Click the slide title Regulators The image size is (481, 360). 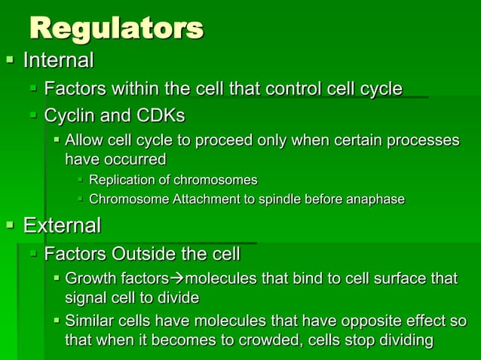116,29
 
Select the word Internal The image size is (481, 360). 59,60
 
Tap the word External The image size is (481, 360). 62,225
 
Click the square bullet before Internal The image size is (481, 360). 10,59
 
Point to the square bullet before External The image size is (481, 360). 10,225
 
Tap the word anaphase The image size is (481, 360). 375,200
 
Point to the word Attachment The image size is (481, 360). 197,200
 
